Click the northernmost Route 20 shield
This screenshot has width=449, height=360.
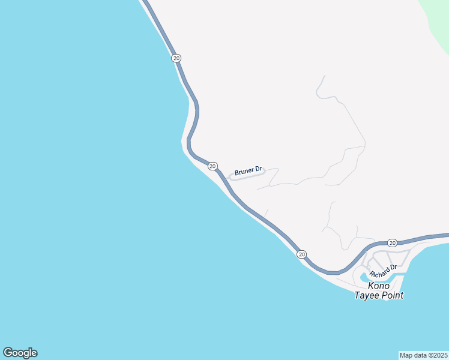coord(176,58)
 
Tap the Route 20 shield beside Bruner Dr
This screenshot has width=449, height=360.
coord(212,166)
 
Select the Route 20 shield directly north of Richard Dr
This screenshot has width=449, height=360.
coord(392,242)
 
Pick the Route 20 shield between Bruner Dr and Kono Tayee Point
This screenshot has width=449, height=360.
coord(301,254)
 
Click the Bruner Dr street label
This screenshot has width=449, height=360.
coord(249,172)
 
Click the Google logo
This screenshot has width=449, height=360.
coord(20,353)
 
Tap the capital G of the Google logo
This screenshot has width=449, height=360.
coord(7,353)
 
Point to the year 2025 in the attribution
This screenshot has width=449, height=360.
coord(439,355)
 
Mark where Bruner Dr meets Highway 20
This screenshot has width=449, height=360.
coord(227,179)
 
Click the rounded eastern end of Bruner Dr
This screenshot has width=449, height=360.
coord(263,170)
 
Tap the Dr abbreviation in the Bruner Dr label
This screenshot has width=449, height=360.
coord(259,170)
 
